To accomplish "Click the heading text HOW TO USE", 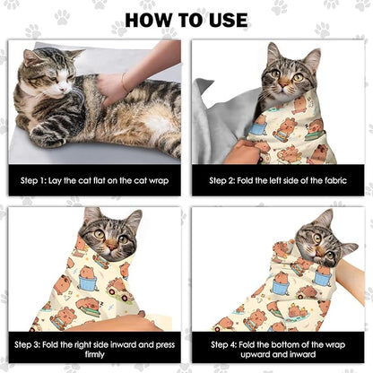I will (x=186, y=19).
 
